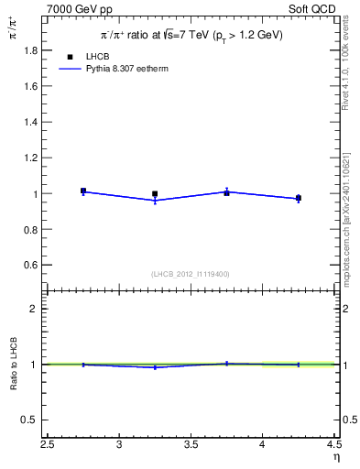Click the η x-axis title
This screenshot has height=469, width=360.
click(335, 457)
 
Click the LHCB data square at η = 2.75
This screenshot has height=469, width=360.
click(83, 191)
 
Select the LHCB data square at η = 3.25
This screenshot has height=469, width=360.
click(155, 194)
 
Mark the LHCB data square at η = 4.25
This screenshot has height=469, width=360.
click(298, 198)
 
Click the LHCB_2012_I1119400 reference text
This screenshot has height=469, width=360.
click(191, 274)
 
